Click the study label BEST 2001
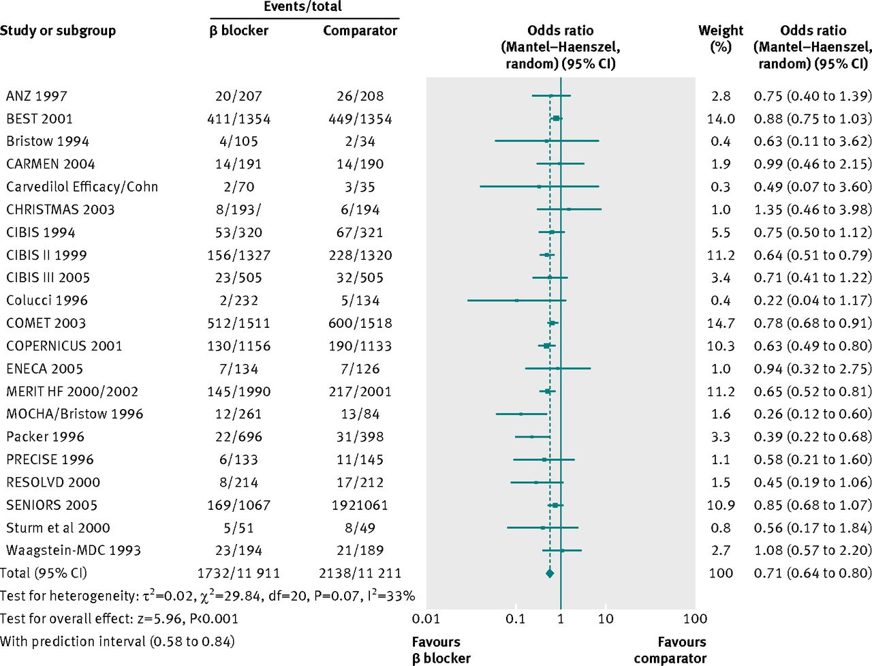click(40, 119)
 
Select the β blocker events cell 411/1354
click(238, 119)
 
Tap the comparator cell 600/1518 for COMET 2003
click(360, 323)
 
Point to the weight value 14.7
click(721, 323)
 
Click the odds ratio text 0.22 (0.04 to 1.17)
click(812, 301)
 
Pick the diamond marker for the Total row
click(550, 573)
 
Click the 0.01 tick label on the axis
click(426, 619)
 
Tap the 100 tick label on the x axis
click(695, 619)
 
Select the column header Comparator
click(360, 31)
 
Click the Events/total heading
click(303, 7)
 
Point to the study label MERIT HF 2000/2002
click(72, 391)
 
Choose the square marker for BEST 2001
click(556, 119)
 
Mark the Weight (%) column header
click(721, 39)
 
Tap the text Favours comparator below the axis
click(672, 650)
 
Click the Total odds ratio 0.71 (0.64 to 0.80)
click(812, 573)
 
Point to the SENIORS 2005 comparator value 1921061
click(360, 505)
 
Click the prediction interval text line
click(117, 641)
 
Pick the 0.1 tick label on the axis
click(516, 619)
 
